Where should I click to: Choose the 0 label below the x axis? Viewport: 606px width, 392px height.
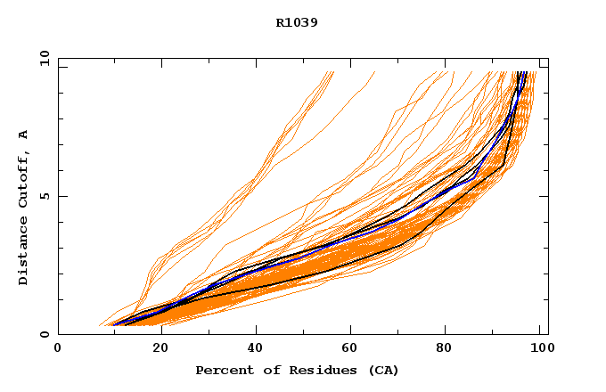click(x=58, y=348)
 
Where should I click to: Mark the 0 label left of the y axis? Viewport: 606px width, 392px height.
click(x=44, y=334)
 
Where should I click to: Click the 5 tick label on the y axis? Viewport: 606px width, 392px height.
click(x=44, y=196)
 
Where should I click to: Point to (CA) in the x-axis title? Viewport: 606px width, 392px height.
click(x=381, y=370)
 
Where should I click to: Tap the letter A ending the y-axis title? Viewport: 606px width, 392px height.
click(x=24, y=135)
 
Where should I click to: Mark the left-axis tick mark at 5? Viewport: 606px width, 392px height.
click(x=62, y=196)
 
